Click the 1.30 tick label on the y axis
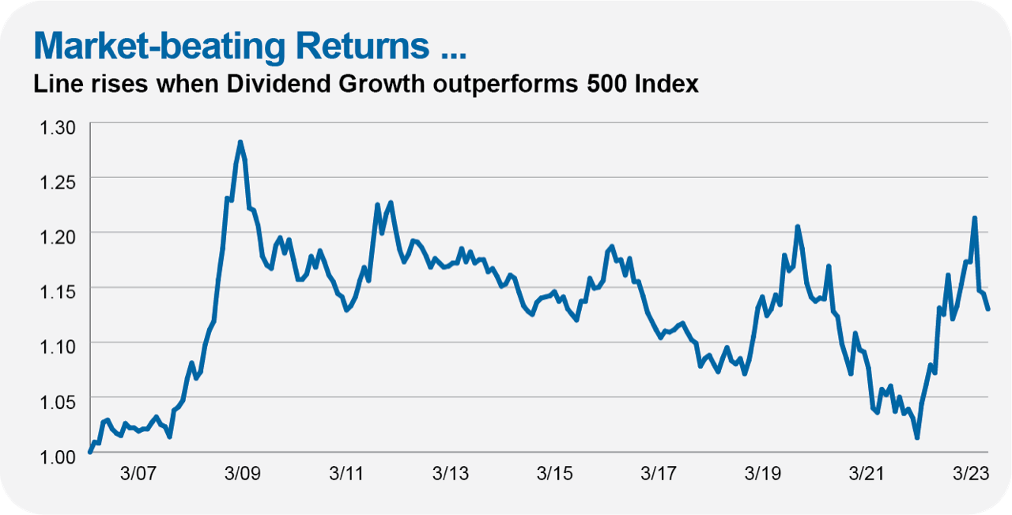[x=58, y=127]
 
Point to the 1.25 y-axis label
[x=58, y=183]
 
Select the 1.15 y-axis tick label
[x=58, y=292]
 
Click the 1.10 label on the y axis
[x=58, y=347]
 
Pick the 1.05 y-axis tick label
[x=58, y=402]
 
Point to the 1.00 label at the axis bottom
[x=58, y=457]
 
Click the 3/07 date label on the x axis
[x=138, y=473]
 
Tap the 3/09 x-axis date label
[x=243, y=473]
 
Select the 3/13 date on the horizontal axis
[x=451, y=473]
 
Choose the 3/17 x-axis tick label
[x=659, y=473]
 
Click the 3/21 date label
[x=867, y=473]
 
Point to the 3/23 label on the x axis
[x=971, y=473]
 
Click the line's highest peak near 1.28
[x=240, y=142]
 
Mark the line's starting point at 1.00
[x=90, y=452]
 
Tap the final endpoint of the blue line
[x=988, y=309]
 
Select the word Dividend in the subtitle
[x=279, y=84]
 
